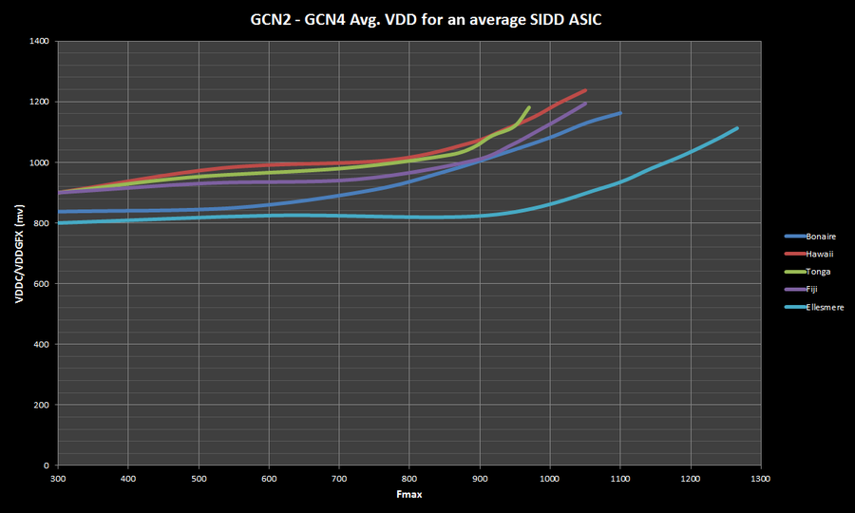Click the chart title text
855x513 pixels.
(x=427, y=17)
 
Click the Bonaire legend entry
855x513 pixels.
(x=820, y=236)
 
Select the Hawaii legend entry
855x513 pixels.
(x=818, y=254)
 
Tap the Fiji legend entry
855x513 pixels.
(x=811, y=289)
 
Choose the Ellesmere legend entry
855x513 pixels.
(x=824, y=307)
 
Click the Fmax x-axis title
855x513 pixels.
(x=408, y=496)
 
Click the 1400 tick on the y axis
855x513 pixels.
(x=39, y=42)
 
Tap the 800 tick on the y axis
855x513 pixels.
(x=42, y=223)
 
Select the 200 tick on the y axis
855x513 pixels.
(x=42, y=406)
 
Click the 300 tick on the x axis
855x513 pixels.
(x=58, y=479)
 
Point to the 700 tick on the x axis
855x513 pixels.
(x=339, y=479)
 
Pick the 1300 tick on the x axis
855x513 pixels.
(x=760, y=479)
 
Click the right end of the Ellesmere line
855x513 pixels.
(x=737, y=128)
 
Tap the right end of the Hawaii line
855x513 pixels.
(x=585, y=90)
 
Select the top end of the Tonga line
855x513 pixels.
(x=529, y=107)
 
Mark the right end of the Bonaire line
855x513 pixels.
(x=620, y=113)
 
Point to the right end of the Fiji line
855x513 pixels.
(x=585, y=104)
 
